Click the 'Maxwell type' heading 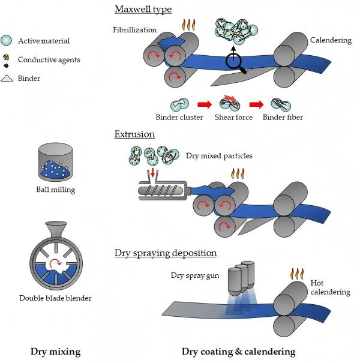coord(143,9)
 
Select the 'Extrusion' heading coord(134,134)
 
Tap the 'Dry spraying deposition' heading coord(166,253)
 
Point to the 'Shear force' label coord(231,117)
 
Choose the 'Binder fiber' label coord(283,117)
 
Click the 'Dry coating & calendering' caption coord(239,352)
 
